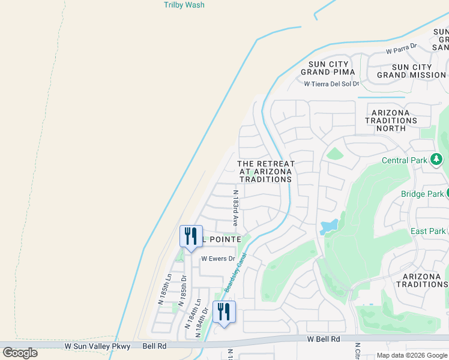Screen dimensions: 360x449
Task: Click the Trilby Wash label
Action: (184, 5)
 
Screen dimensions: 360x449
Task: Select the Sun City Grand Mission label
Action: (412, 71)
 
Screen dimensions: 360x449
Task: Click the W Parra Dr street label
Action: (402, 52)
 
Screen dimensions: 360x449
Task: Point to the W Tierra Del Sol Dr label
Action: (331, 85)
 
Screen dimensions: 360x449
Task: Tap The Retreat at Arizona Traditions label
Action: (266, 171)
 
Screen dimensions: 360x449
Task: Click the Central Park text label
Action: (405, 160)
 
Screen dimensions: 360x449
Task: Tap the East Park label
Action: (428, 231)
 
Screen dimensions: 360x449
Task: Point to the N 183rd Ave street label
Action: (236, 208)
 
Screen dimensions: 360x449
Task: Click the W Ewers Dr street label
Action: (216, 259)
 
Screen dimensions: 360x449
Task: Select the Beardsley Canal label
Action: (236, 272)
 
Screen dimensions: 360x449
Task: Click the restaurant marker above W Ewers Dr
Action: (191, 235)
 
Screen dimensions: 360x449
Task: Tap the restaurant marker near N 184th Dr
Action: (224, 311)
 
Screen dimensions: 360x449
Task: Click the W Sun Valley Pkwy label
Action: (97, 346)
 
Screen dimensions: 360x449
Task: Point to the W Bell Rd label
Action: (324, 339)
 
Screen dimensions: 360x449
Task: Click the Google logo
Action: (20, 353)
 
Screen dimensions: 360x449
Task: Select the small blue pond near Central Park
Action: (329, 226)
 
